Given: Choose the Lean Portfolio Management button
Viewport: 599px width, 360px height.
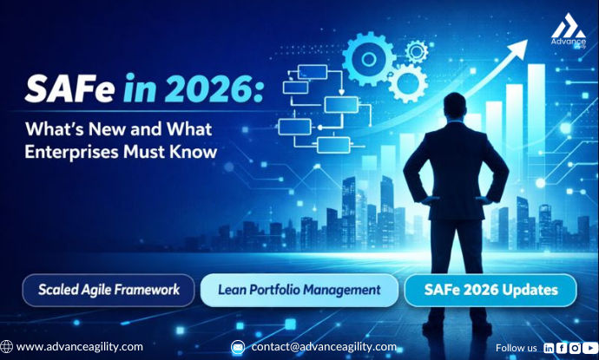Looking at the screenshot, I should point(299,290).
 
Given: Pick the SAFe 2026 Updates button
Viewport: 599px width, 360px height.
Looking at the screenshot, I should point(490,290).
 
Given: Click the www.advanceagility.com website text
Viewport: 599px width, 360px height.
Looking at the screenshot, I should point(79,346).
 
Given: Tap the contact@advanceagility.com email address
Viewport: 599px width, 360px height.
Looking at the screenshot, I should point(324,346).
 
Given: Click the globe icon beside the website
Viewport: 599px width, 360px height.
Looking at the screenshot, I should point(7,346).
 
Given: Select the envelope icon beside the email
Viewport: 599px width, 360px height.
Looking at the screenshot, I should point(238,347).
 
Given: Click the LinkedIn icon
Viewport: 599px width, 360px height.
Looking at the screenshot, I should point(549,347).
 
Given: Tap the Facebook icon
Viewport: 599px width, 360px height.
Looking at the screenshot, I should point(562,347).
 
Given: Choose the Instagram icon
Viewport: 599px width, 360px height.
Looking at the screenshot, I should point(575,347).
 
